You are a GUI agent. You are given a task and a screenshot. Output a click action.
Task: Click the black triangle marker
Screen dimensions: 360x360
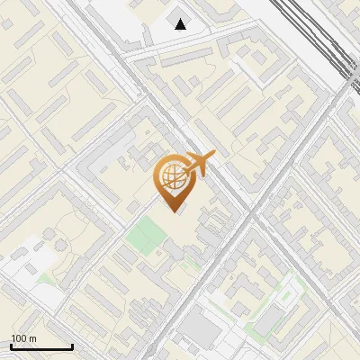(181, 24)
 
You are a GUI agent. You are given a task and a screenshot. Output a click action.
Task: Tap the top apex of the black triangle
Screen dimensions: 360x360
(181, 19)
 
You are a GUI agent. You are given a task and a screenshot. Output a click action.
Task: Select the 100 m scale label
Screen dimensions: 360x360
(23, 338)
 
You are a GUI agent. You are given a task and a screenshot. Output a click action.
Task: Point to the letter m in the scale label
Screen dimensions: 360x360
(32, 338)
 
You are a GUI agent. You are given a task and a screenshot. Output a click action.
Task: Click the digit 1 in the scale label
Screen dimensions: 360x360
(13, 338)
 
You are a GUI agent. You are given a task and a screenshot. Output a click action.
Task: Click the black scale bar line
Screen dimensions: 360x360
(41, 347)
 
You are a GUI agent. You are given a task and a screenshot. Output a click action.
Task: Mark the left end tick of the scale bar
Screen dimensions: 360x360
(11, 346)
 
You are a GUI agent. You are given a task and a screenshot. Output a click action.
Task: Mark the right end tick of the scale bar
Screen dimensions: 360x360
(72, 346)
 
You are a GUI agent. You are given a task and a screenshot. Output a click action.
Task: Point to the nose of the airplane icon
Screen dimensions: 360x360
(214, 155)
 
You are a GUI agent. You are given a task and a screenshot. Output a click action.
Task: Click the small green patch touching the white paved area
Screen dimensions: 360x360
(45, 278)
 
